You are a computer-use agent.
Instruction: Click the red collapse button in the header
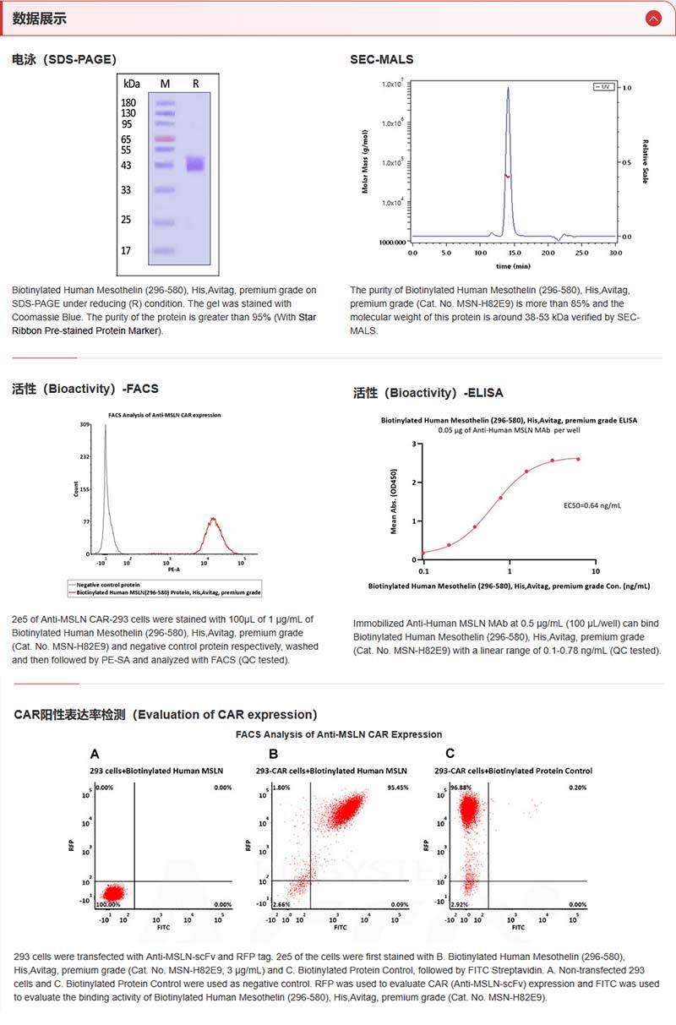(652, 18)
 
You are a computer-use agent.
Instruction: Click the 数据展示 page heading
(40, 19)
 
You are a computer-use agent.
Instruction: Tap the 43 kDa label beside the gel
(126, 166)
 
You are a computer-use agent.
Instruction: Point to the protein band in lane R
(196, 164)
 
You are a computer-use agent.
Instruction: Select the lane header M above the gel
(165, 84)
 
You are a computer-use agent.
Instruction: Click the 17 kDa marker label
(126, 251)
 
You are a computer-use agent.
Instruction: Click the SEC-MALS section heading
(382, 59)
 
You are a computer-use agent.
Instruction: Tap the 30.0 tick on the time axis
(615, 252)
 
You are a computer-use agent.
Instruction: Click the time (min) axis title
(513, 265)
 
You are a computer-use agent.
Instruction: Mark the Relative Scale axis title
(645, 161)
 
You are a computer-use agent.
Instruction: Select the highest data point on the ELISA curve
(578, 459)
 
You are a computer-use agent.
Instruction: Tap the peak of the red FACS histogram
(214, 519)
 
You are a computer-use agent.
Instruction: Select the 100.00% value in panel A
(109, 904)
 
